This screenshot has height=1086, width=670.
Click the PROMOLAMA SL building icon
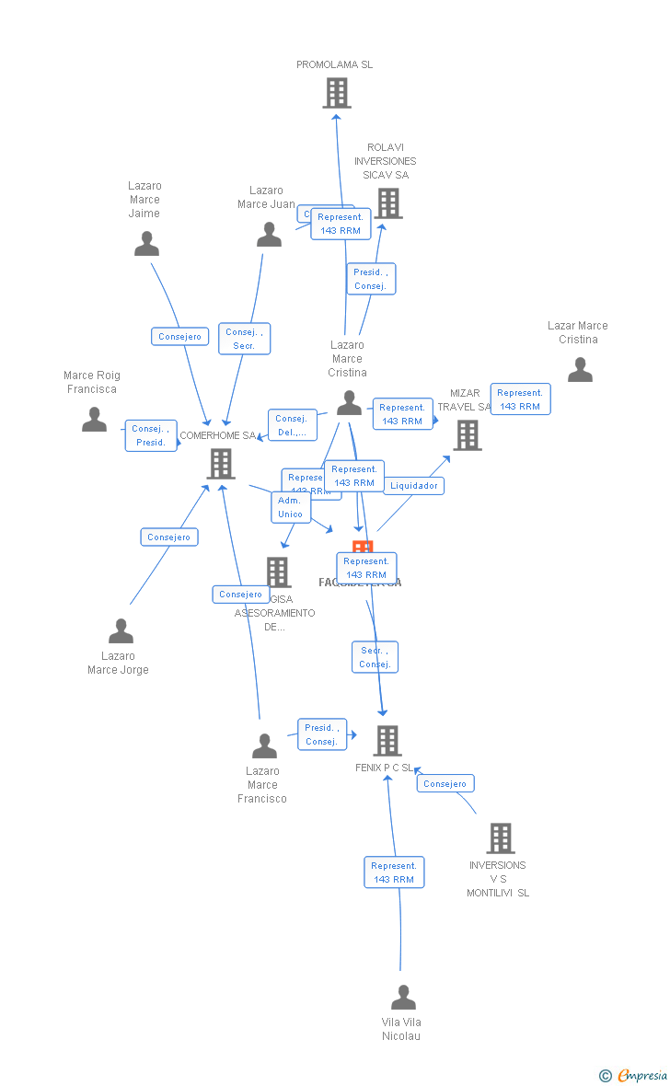point(337,93)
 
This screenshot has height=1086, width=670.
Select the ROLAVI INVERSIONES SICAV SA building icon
point(388,203)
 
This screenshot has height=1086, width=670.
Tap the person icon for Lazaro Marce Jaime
point(146,244)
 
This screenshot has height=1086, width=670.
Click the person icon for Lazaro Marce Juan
point(269,235)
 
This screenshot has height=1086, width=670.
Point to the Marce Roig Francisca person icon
point(94,420)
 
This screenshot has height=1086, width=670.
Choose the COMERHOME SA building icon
point(221,464)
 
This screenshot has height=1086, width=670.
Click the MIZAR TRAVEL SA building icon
point(468,435)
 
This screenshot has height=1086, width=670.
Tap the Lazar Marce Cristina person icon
point(580,370)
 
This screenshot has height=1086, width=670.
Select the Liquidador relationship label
point(414,486)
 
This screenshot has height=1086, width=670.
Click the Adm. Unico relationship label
point(290,507)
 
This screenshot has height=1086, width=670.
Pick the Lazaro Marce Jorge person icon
point(121,631)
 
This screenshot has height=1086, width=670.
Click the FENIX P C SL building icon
point(387,740)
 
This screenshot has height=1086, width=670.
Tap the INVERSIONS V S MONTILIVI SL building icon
point(500,838)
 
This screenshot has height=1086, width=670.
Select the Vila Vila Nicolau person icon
point(403,998)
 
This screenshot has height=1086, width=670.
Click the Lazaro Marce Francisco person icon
point(264,745)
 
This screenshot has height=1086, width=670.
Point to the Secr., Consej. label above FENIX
point(375,657)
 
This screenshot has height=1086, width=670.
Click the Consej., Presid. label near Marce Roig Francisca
point(151,435)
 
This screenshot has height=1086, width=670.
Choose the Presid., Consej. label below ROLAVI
point(371,279)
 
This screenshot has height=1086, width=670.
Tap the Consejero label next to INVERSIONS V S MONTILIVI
point(445,784)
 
